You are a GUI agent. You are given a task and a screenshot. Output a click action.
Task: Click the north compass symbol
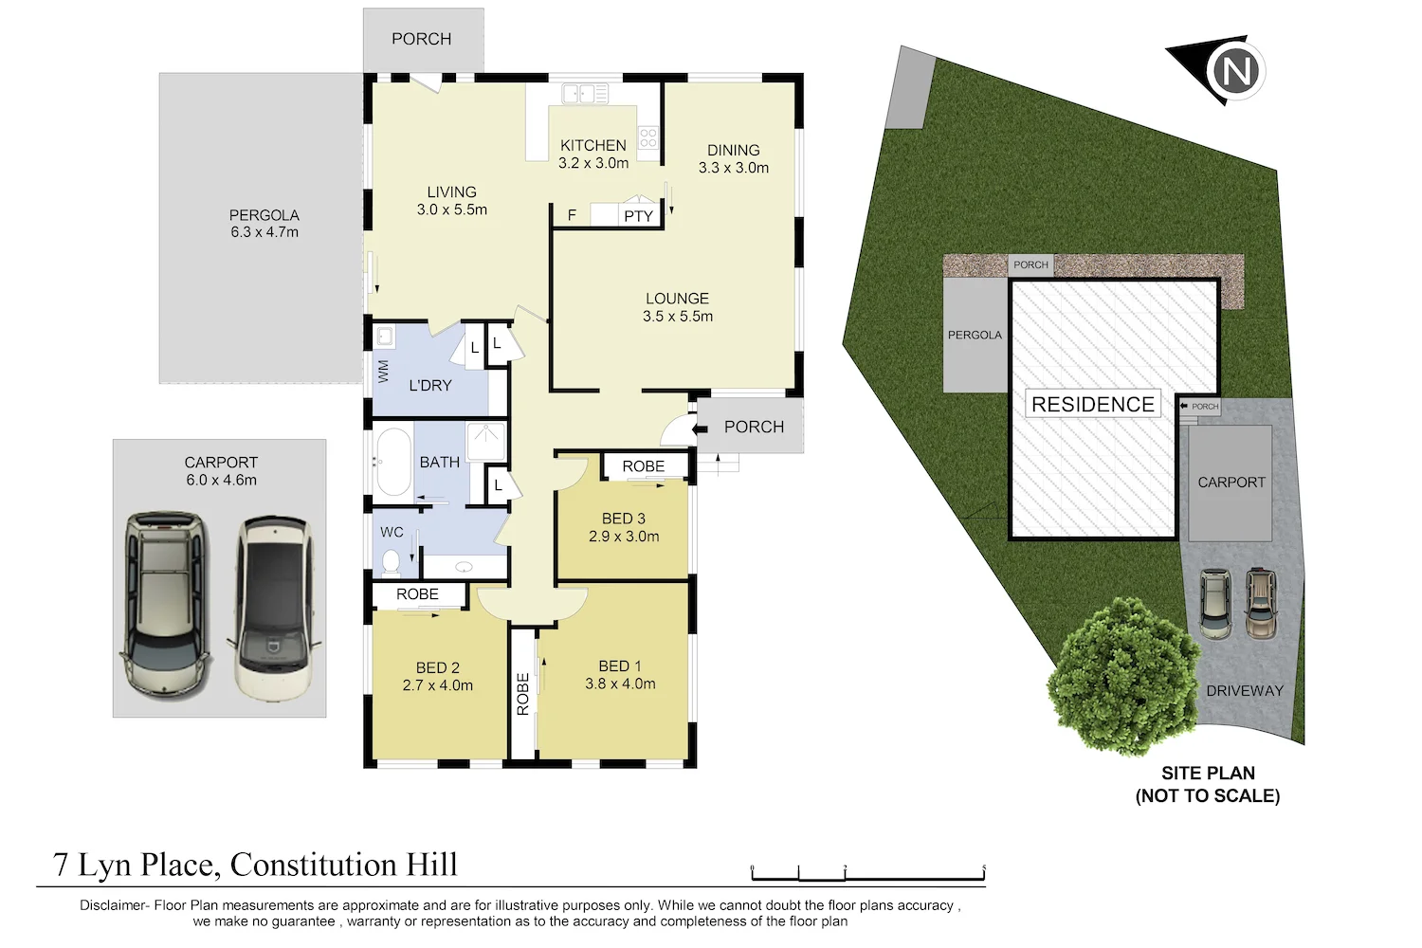pyautogui.click(x=1234, y=69)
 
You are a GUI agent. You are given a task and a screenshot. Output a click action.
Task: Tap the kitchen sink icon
pyautogui.click(x=585, y=93)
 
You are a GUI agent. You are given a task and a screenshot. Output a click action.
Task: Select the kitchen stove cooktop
pyautogui.click(x=647, y=137)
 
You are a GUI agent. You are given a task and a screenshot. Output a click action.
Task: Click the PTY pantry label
pyautogui.click(x=638, y=216)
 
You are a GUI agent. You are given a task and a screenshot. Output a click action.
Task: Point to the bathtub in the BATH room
pyautogui.click(x=393, y=463)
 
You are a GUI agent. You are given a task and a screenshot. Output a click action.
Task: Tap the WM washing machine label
pyautogui.click(x=384, y=371)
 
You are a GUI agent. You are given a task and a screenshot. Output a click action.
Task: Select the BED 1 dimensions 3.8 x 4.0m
pyautogui.click(x=620, y=684)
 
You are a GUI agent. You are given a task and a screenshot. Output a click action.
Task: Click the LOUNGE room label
pyautogui.click(x=677, y=299)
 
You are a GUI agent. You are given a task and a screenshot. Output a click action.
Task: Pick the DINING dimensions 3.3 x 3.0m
pyautogui.click(x=733, y=168)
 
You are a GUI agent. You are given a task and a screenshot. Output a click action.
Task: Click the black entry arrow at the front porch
pyautogui.click(x=701, y=429)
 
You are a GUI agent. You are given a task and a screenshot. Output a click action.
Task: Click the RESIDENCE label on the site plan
pyautogui.click(x=1092, y=405)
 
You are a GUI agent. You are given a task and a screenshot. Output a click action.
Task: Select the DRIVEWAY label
pyautogui.click(x=1244, y=691)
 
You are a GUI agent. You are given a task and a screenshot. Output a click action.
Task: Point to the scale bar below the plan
pyautogui.click(x=867, y=873)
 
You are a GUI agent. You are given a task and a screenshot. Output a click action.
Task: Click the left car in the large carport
pyautogui.click(x=166, y=604)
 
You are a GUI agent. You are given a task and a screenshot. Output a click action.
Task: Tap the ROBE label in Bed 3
pyautogui.click(x=643, y=466)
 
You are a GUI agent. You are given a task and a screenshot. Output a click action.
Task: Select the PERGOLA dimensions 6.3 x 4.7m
pyautogui.click(x=264, y=232)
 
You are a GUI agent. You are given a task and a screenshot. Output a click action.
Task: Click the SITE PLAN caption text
pyautogui.click(x=1207, y=774)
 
